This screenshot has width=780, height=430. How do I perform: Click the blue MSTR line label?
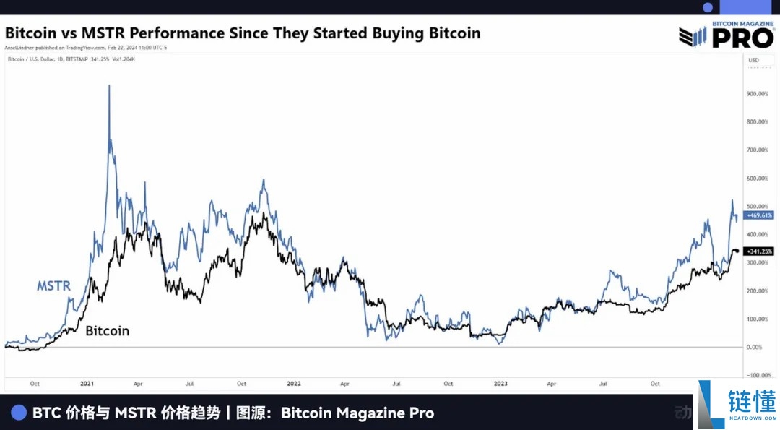[55, 285]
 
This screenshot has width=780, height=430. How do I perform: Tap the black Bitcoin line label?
[107, 331]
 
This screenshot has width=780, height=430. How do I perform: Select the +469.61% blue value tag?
[758, 215]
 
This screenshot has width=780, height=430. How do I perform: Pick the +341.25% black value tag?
[758, 251]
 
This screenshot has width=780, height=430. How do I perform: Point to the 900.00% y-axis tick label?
[758, 93]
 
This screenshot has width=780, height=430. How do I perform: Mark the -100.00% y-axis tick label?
[758, 375]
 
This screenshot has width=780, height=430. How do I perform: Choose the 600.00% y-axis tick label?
[758, 178]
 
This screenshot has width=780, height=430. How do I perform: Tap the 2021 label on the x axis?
[87, 384]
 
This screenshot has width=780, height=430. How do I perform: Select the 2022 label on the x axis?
[294, 384]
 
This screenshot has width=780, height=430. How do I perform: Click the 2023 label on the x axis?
[500, 384]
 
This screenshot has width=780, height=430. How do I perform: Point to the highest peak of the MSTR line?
[109, 86]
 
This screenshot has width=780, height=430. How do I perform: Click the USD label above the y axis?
[753, 59]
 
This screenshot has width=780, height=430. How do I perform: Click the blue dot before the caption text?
[19, 413]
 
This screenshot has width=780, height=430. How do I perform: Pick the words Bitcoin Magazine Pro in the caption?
[357, 413]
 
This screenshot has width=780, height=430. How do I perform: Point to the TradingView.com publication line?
[86, 48]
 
